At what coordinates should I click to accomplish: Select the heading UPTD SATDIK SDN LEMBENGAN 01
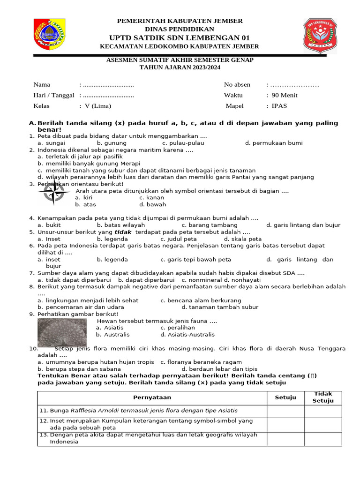[x=180, y=37]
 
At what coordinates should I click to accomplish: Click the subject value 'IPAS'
[x=280, y=106]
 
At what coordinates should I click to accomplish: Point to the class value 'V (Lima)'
[x=98, y=106]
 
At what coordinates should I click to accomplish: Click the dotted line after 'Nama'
[x=108, y=85]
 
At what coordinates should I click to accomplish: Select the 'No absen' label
[x=237, y=85]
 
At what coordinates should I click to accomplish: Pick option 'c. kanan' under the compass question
[x=153, y=198]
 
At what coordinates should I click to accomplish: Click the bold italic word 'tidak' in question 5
[x=123, y=232]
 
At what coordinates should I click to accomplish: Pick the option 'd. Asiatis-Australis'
[x=187, y=335]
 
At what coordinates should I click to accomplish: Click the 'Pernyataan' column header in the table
[x=152, y=397]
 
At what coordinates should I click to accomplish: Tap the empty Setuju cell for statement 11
[x=285, y=411]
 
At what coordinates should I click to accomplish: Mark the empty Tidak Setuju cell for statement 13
[x=323, y=438]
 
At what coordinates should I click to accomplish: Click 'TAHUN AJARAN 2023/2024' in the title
[x=180, y=67]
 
